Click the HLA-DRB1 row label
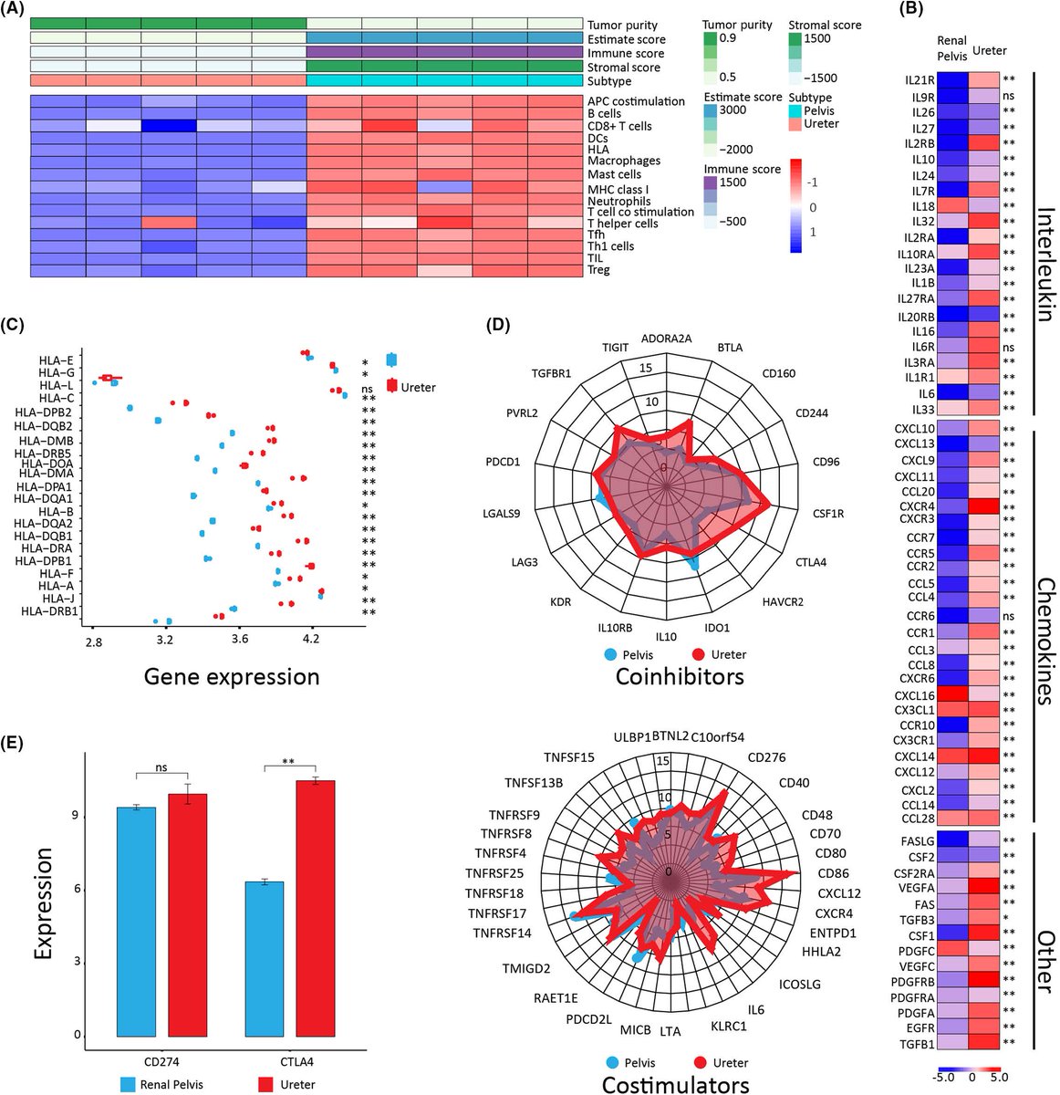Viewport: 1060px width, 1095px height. click(51, 610)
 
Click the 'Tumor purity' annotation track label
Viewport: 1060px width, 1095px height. click(623, 26)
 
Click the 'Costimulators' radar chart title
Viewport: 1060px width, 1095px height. click(676, 1083)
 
